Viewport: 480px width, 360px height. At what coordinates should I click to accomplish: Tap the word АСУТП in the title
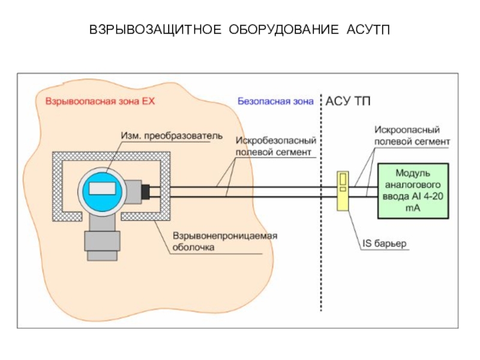click(368, 29)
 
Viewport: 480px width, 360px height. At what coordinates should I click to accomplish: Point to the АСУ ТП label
click(349, 101)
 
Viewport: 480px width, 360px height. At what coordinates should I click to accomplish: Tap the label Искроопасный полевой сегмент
click(411, 136)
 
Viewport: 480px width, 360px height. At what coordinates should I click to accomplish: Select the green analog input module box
click(412, 191)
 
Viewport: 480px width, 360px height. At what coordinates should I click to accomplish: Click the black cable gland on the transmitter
click(145, 191)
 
